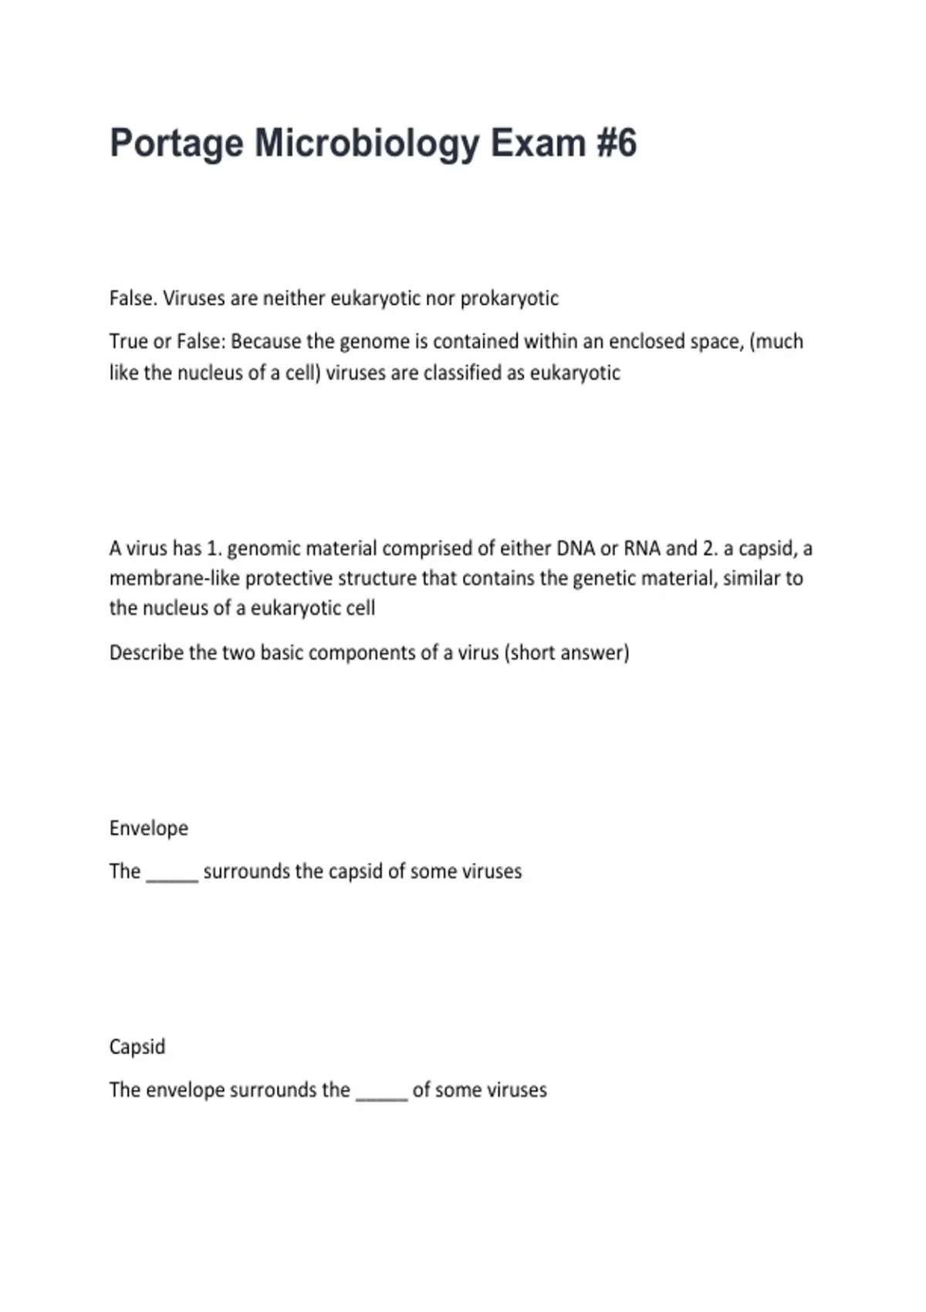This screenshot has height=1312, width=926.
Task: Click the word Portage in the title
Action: click(x=176, y=144)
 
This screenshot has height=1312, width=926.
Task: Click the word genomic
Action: click(x=263, y=549)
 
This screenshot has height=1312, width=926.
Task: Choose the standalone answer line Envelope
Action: click(x=149, y=828)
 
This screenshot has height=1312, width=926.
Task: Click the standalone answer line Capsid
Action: click(x=137, y=1047)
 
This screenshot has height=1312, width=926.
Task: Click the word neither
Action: click(x=294, y=299)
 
